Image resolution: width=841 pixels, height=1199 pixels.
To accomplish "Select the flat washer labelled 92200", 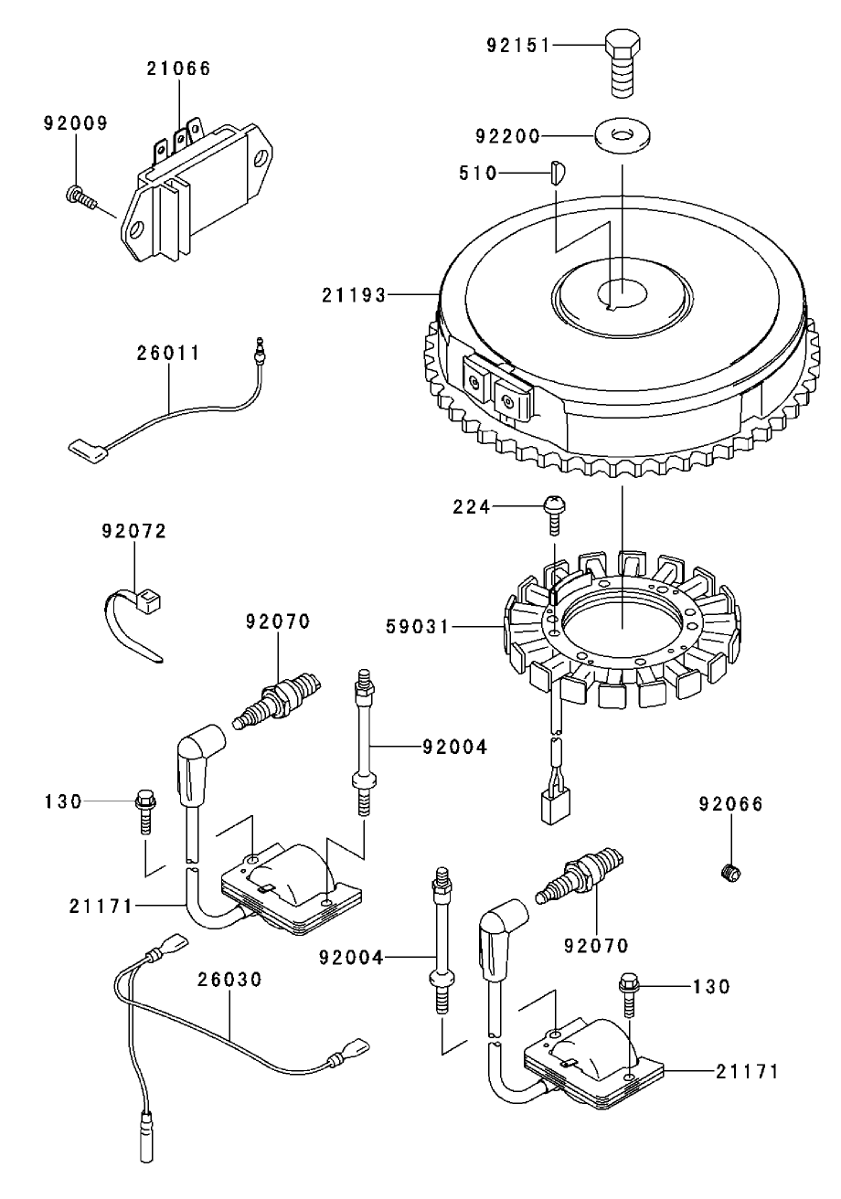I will [x=621, y=136].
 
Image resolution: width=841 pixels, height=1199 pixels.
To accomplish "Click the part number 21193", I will [x=352, y=294].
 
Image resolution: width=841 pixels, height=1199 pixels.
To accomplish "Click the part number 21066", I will [x=179, y=68].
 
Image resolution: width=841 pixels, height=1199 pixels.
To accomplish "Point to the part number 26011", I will [x=169, y=353].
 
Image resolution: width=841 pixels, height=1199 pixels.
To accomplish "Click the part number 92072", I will [x=133, y=531].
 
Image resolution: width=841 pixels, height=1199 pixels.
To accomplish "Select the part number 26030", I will [x=230, y=979].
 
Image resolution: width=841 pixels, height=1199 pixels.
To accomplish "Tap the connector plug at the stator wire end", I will [x=554, y=804].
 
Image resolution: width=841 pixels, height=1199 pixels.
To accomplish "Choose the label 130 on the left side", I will [x=63, y=801].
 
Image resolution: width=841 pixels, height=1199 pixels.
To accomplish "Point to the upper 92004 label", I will [x=454, y=747].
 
